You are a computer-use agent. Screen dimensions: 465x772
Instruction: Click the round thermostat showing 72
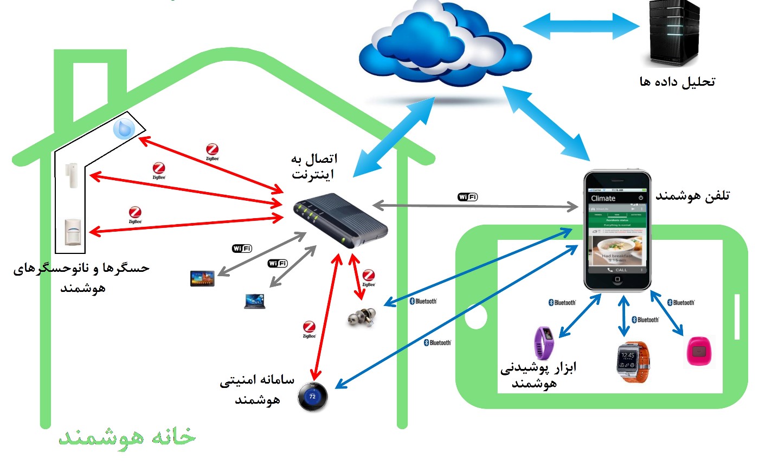(x=312, y=397)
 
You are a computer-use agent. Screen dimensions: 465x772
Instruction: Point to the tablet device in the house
(x=202, y=278)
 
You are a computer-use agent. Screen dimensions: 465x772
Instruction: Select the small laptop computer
(x=255, y=301)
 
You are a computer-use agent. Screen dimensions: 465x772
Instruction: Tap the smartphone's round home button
(x=617, y=280)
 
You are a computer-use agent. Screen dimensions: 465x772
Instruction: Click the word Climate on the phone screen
(x=603, y=199)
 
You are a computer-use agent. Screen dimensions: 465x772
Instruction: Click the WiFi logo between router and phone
(x=467, y=197)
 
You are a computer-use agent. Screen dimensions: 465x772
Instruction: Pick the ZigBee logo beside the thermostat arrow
(x=309, y=329)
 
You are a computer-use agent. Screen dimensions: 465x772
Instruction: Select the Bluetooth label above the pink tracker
(x=680, y=303)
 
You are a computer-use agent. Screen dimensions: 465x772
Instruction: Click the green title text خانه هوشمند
(x=127, y=437)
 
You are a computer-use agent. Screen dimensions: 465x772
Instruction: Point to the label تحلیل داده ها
(x=678, y=82)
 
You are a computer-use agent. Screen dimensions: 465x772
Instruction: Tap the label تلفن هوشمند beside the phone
(x=693, y=196)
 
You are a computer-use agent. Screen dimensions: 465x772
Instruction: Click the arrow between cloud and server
(x=582, y=25)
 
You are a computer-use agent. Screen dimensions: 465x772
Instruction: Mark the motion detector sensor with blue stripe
(x=73, y=232)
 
